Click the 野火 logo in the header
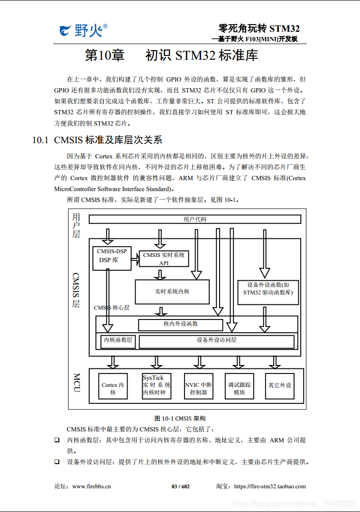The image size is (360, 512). click(83, 31)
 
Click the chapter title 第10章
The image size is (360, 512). click(104, 55)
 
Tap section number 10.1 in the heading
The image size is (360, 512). click(40, 140)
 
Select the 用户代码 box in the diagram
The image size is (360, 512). click(195, 219)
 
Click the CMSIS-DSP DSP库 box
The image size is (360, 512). click(111, 258)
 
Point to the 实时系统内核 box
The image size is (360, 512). click(172, 292)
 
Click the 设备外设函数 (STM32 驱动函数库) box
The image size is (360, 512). click(268, 289)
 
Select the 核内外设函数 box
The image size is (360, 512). click(180, 324)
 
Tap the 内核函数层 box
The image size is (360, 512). click(118, 340)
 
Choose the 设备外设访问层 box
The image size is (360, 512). click(216, 340)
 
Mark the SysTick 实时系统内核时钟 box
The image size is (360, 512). click(157, 385)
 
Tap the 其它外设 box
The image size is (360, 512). click(279, 385)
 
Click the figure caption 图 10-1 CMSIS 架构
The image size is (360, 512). click(180, 418)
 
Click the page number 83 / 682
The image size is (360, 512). click(180, 486)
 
